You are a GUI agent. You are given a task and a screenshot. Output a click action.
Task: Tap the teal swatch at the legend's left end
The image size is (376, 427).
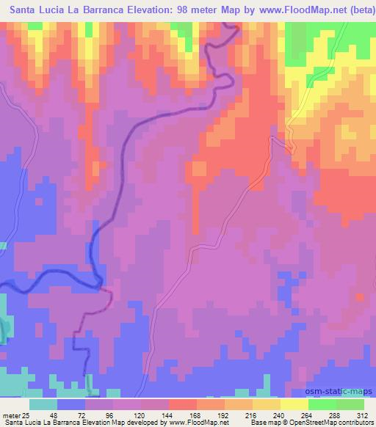coord(43,404)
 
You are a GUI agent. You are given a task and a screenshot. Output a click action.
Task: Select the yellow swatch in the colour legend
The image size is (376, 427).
coord(294,404)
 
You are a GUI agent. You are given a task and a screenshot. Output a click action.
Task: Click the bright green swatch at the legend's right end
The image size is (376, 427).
coord(350,404)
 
